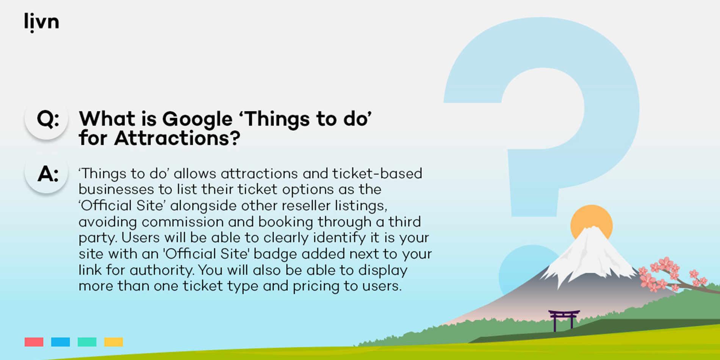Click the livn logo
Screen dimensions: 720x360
(x=42, y=22)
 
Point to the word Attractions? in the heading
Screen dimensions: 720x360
(x=177, y=139)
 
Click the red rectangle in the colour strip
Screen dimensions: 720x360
(x=34, y=342)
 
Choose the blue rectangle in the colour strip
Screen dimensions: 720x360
(x=61, y=342)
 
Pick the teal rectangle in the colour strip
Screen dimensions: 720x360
(x=87, y=342)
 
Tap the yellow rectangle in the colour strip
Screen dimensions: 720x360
(x=114, y=342)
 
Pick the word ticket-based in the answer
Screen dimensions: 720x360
(x=377, y=174)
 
